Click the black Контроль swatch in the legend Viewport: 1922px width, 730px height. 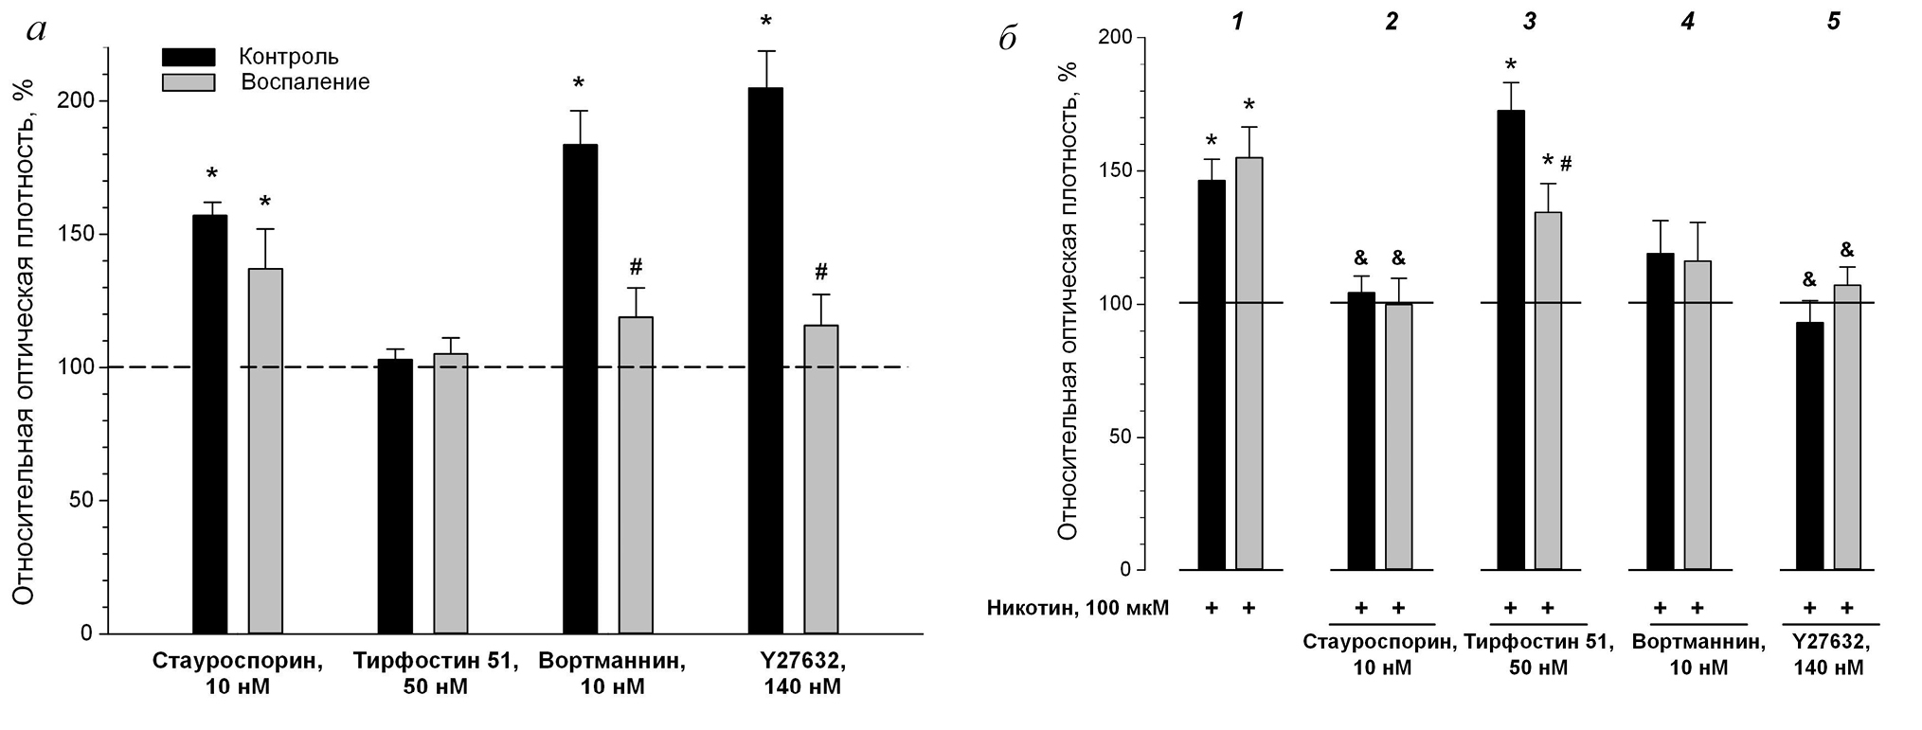[189, 57]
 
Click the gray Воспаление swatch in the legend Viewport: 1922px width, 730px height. [189, 82]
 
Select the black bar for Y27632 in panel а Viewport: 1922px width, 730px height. [765, 360]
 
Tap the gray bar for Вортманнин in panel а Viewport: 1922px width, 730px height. [636, 474]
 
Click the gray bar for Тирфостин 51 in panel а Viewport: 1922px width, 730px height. [451, 492]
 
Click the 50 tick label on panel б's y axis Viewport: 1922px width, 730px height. [1120, 437]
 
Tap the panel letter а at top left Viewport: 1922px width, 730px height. [37, 30]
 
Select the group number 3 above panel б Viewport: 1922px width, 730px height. [1529, 21]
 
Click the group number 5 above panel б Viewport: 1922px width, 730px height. [1833, 21]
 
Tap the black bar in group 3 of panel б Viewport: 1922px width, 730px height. [1511, 340]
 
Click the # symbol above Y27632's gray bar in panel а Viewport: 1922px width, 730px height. [820, 273]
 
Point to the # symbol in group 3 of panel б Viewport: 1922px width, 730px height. [1566, 164]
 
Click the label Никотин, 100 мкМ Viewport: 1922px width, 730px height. [1078, 608]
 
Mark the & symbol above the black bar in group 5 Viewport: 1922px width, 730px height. [1808, 280]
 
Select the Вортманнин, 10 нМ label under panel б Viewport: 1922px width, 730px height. [1698, 654]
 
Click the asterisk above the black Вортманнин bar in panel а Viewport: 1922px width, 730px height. [579, 83]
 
